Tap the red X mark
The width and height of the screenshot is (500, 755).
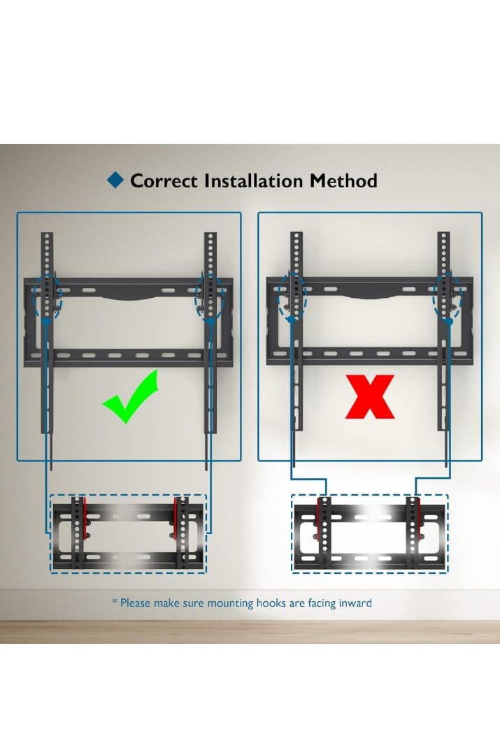pyautogui.click(x=370, y=397)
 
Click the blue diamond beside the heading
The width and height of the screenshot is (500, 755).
pyautogui.click(x=115, y=180)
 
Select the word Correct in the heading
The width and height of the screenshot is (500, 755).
pyautogui.click(x=164, y=181)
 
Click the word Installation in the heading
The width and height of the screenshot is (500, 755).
pyautogui.click(x=254, y=181)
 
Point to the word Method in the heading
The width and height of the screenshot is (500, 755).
pyautogui.click(x=343, y=181)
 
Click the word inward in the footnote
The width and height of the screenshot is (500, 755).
pyautogui.click(x=355, y=603)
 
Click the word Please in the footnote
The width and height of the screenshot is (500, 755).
pyautogui.click(x=136, y=603)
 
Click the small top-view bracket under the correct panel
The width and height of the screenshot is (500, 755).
pyautogui.click(x=128, y=533)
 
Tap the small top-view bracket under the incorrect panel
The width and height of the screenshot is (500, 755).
pyautogui.click(x=370, y=533)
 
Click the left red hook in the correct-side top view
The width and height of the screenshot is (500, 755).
pyautogui.click(x=85, y=518)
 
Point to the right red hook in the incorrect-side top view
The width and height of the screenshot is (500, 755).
pyautogui.click(x=417, y=517)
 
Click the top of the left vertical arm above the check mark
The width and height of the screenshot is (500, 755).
pyautogui.click(x=47, y=233)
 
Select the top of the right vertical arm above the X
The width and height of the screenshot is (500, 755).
pyautogui.click(x=443, y=233)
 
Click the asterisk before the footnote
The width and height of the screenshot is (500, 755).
pyautogui.click(x=115, y=601)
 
